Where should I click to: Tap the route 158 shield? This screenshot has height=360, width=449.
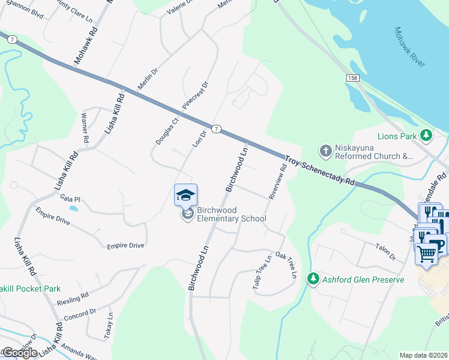pyautogui.click(x=352, y=79)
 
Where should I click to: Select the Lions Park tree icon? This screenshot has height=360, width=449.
pyautogui.click(x=426, y=136)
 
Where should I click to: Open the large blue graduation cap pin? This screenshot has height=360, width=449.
pyautogui.click(x=185, y=194)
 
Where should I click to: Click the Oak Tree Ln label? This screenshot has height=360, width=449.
pyautogui.click(x=286, y=264)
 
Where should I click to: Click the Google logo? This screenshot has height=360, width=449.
pyautogui.click(x=19, y=353)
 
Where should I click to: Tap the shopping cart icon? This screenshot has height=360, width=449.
pyautogui.click(x=426, y=253)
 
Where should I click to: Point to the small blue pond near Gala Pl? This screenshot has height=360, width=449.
pyautogui.click(x=73, y=209)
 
